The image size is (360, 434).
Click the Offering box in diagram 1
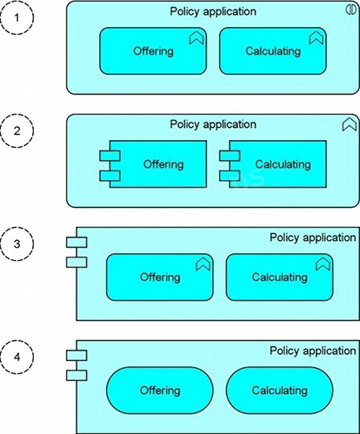pyautogui.click(x=153, y=51)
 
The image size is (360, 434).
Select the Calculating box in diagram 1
pyautogui.click(x=273, y=51)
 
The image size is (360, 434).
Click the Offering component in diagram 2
pyautogui.click(x=158, y=164)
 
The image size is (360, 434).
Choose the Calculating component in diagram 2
pyautogui.click(x=277, y=164)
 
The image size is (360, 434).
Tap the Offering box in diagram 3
pyautogui.click(x=160, y=277)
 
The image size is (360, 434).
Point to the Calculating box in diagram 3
pyautogui.click(x=279, y=277)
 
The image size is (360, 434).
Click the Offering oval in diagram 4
pyautogui.click(x=160, y=391)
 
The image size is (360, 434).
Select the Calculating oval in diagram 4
pyautogui.click(x=279, y=391)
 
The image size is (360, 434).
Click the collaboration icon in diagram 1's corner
pyautogui.click(x=350, y=10)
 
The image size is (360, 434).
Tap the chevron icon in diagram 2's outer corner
pyautogui.click(x=350, y=124)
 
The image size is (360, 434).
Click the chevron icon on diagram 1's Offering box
pyautogui.click(x=197, y=38)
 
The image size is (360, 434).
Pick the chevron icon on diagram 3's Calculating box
pyautogui.click(x=323, y=264)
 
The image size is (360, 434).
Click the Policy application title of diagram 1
pyautogui.click(x=213, y=11)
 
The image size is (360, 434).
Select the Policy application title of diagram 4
pyautogui.click(x=313, y=351)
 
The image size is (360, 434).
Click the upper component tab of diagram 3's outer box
pyautogui.click(x=77, y=242)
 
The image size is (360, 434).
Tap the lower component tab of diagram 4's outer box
pyautogui.click(x=77, y=375)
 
